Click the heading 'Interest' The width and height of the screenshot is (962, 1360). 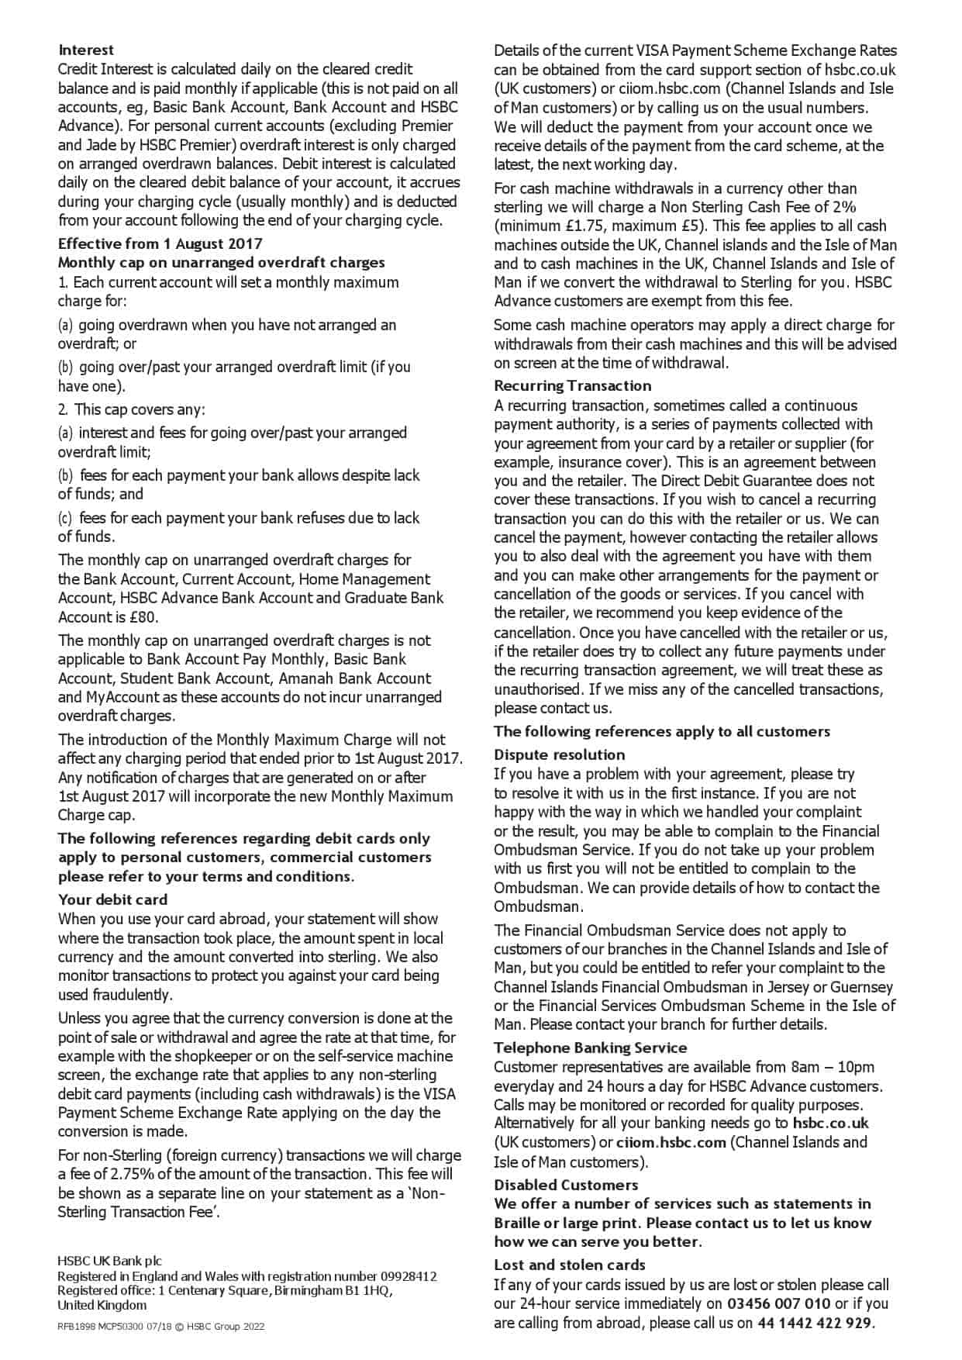pos(85,50)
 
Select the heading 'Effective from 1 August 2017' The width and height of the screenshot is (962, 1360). pos(160,243)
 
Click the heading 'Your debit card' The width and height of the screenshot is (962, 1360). pos(112,899)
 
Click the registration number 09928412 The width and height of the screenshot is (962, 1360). pos(408,1276)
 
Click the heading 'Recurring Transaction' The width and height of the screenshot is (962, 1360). pos(572,385)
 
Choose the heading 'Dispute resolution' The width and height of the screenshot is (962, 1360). pos(559,754)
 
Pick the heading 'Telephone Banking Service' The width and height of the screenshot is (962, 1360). pos(590,1048)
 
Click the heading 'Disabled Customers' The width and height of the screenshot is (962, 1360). pos(566,1185)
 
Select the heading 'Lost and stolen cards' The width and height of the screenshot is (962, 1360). pos(570,1265)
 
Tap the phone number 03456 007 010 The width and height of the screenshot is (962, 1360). pos(779,1303)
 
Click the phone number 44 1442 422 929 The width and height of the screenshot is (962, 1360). pos(815,1323)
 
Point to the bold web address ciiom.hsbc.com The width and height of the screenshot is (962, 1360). pos(671,1142)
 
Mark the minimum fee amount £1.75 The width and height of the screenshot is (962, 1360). pos(584,226)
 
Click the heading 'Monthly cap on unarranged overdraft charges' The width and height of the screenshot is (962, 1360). pos(221,263)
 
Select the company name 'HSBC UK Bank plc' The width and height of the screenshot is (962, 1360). pos(109,1262)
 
